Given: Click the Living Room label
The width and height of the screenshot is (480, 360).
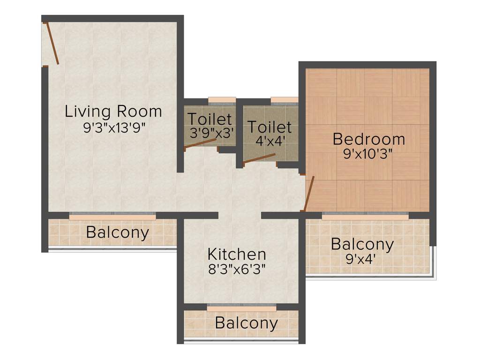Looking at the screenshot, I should pyautogui.click(x=113, y=112).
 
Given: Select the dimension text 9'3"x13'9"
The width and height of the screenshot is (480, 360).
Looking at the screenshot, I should pyautogui.click(x=113, y=128).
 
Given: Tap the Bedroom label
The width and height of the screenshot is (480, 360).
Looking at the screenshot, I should pyautogui.click(x=368, y=139).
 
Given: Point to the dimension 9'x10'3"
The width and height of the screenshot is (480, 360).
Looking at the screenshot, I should pyautogui.click(x=368, y=154).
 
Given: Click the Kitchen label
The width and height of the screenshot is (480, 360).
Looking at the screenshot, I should pyautogui.click(x=237, y=255).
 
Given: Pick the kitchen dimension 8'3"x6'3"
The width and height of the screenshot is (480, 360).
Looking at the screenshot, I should pyautogui.click(x=237, y=270).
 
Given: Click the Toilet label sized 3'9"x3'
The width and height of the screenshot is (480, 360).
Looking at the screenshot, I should pyautogui.click(x=210, y=119).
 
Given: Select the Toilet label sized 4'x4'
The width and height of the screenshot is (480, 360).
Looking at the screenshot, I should pyautogui.click(x=270, y=127).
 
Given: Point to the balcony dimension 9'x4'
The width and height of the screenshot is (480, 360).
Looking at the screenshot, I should pyautogui.click(x=361, y=259).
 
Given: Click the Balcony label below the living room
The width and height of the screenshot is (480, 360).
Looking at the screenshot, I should pyautogui.click(x=117, y=232).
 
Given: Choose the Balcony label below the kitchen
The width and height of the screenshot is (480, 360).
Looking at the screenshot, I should pyautogui.click(x=246, y=323).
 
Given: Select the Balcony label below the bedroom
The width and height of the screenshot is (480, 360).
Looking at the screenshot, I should pyautogui.click(x=362, y=244).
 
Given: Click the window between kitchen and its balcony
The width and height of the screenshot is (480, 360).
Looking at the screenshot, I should pyautogui.click(x=241, y=307).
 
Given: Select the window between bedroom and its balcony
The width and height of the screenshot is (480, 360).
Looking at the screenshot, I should pyautogui.click(x=365, y=216).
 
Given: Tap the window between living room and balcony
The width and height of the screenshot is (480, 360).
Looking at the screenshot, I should pyautogui.click(x=112, y=216).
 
